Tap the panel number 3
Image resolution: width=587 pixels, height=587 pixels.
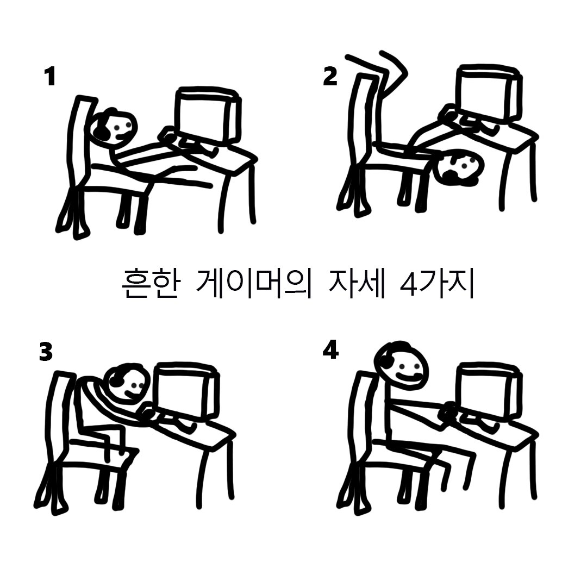tap(46, 352)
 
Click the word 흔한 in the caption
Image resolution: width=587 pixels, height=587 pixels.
tap(150, 282)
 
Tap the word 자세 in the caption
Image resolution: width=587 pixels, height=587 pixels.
tap(357, 282)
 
